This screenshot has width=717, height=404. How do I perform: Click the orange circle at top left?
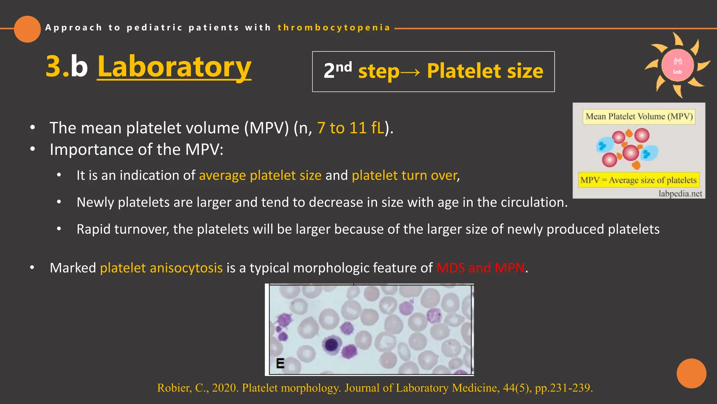click(x=27, y=29)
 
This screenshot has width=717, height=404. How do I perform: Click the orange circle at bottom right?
click(x=691, y=373)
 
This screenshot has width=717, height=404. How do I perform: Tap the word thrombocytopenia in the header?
click(x=334, y=28)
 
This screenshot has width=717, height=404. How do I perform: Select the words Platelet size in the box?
click(x=485, y=71)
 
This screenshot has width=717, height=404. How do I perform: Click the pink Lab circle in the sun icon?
click(x=677, y=66)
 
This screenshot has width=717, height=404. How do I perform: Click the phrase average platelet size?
click(x=260, y=175)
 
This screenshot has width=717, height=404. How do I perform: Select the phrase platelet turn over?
click(x=405, y=175)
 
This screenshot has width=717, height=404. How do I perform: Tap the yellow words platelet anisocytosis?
click(x=161, y=268)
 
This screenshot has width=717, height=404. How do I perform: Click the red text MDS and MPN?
click(x=480, y=268)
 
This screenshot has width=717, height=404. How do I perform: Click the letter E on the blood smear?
click(x=280, y=363)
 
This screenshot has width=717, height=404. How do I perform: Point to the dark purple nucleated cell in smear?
click(x=331, y=344)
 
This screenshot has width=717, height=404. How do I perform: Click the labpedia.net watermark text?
click(x=680, y=194)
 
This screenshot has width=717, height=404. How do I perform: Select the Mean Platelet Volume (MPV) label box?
click(x=639, y=116)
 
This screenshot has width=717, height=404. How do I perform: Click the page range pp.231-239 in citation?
click(x=564, y=388)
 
